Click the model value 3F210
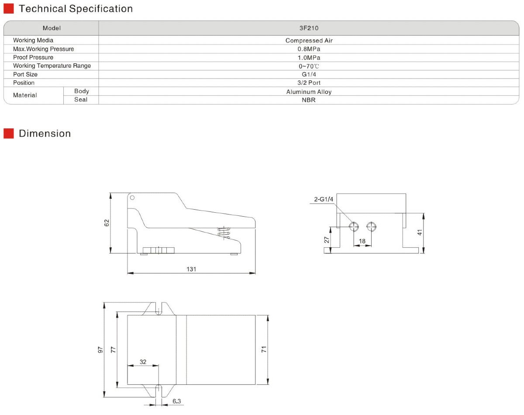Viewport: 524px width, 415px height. pyautogui.click(x=309, y=28)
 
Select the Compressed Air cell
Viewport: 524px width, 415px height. pyautogui.click(x=309, y=41)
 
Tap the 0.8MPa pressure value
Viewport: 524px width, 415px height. pyautogui.click(x=309, y=49)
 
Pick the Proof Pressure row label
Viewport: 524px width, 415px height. pyautogui.click(x=33, y=57)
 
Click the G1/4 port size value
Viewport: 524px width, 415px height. pyautogui.click(x=309, y=74)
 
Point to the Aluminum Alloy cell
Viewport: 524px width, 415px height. pyautogui.click(x=309, y=92)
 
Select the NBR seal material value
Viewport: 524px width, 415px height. pyautogui.click(x=309, y=100)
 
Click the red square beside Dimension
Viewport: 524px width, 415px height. pyautogui.click(x=9, y=133)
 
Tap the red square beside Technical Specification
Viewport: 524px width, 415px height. pyautogui.click(x=9, y=9)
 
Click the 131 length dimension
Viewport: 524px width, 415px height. pyautogui.click(x=191, y=269)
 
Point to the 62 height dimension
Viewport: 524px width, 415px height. pyautogui.click(x=107, y=223)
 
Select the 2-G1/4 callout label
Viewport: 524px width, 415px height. pyautogui.click(x=324, y=200)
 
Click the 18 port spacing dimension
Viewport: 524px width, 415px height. pyautogui.click(x=362, y=241)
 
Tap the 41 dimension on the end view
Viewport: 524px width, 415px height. pyautogui.click(x=420, y=232)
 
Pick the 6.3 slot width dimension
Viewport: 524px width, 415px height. pyautogui.click(x=177, y=401)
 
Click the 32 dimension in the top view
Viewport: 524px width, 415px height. pyautogui.click(x=143, y=362)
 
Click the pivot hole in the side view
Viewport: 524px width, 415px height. pyautogui.click(x=132, y=198)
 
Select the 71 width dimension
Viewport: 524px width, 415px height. pyautogui.click(x=263, y=349)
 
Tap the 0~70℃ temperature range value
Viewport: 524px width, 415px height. pyautogui.click(x=309, y=66)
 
